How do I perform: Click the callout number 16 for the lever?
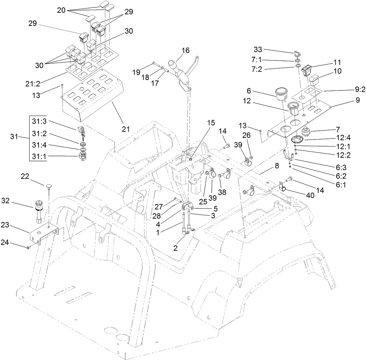[186, 50]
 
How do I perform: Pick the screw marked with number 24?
[28, 247]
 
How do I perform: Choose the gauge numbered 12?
[293, 108]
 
